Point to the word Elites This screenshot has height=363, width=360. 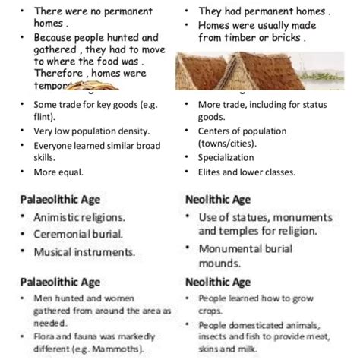coord(213,172)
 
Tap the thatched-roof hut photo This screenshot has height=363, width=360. coord(258,71)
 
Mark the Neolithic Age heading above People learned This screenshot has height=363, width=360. coord(218,282)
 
